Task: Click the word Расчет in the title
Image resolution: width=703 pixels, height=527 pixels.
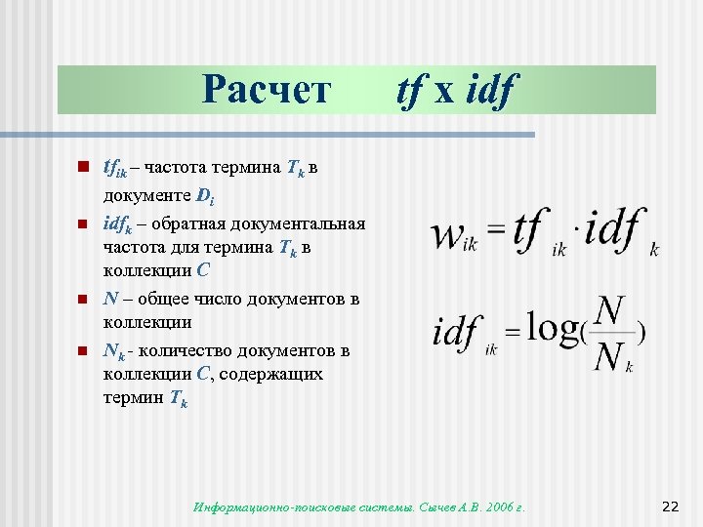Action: (x=267, y=90)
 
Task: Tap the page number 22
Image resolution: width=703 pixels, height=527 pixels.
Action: (x=670, y=506)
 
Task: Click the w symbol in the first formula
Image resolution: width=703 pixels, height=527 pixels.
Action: (x=447, y=233)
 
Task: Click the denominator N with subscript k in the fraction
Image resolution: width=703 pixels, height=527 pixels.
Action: (x=611, y=358)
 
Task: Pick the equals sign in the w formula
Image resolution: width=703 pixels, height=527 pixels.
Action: (x=496, y=231)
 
